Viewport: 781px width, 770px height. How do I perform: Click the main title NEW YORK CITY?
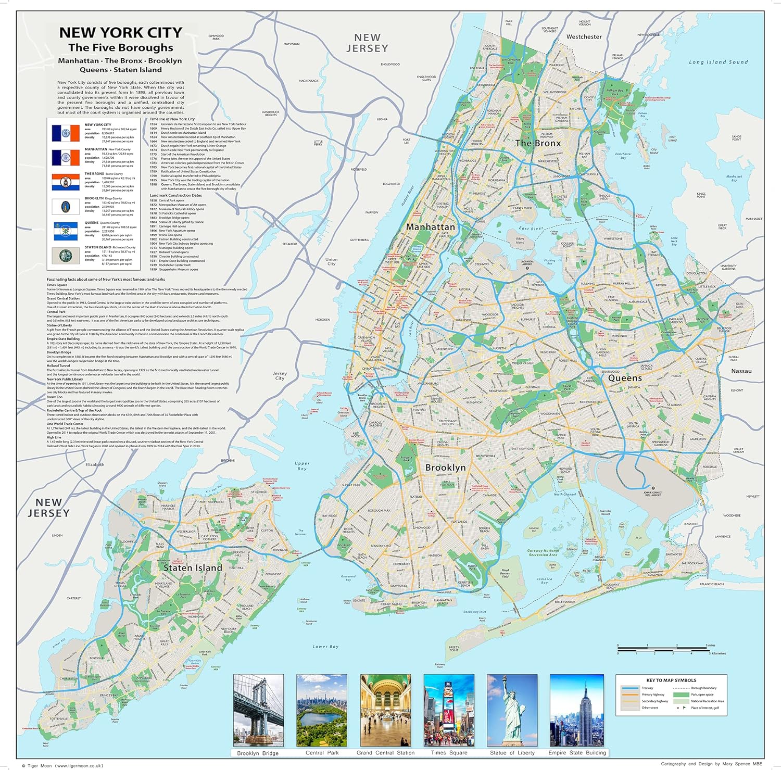[x=120, y=32]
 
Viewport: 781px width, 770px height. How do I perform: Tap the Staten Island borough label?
[x=193, y=568]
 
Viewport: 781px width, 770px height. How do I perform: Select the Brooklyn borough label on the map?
[x=445, y=468]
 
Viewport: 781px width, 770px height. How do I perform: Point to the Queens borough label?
[x=625, y=378]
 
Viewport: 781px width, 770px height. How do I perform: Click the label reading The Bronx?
[x=538, y=143]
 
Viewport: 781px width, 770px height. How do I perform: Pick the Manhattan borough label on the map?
[x=430, y=227]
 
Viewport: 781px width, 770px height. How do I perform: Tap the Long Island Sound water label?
[x=718, y=62]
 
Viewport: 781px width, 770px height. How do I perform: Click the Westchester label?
[x=584, y=37]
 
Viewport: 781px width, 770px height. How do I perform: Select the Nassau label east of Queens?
[x=741, y=371]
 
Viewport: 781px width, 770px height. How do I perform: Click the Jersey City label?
[x=280, y=376]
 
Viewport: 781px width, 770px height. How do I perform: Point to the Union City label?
[x=331, y=261]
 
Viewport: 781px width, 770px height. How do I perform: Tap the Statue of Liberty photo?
[x=512, y=710]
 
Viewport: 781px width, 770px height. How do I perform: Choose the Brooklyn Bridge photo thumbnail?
[x=258, y=710]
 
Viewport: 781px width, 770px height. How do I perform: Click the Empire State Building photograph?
[x=577, y=710]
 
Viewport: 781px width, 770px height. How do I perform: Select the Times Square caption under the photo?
[x=449, y=753]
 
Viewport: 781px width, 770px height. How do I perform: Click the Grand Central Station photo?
[x=385, y=710]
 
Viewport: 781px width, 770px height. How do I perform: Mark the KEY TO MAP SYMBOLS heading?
[x=671, y=680]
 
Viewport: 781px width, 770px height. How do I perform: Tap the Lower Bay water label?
[x=325, y=647]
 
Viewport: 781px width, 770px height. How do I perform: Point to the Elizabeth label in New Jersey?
[x=95, y=464]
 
